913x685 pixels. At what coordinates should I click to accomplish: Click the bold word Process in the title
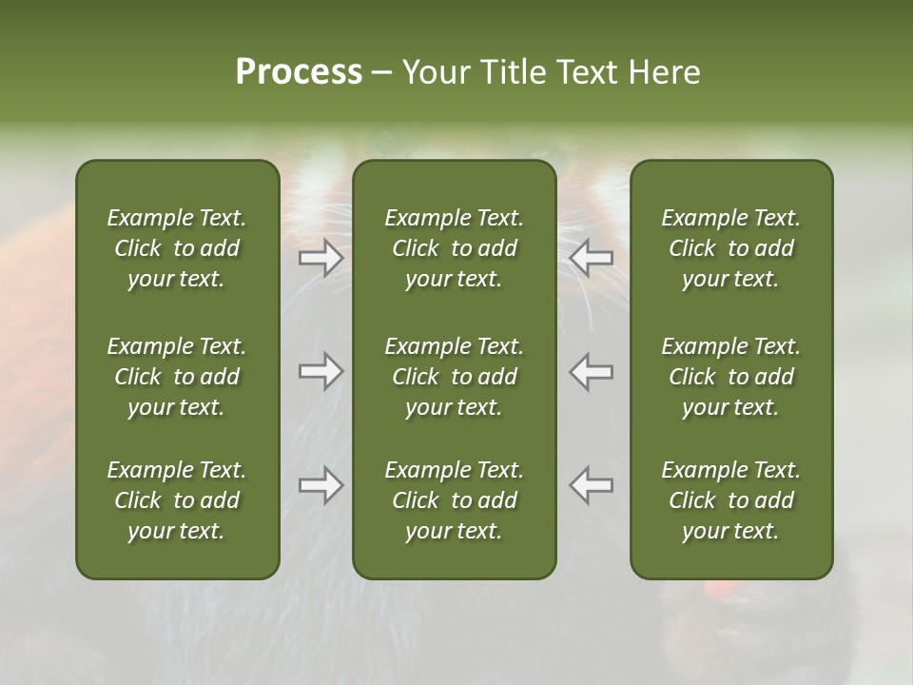pos(299,72)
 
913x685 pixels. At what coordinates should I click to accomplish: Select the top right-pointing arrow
pos(321,258)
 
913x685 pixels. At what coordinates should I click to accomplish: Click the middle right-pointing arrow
pos(321,371)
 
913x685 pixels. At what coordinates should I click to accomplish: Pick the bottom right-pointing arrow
pos(321,485)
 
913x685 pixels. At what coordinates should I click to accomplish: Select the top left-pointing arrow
pos(592,258)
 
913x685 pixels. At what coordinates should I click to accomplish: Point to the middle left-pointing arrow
pos(592,371)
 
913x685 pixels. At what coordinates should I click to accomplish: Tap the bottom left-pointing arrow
pos(592,485)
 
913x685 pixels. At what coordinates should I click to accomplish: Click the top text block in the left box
pos(177,248)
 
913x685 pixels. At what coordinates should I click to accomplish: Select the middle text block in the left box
pos(177,377)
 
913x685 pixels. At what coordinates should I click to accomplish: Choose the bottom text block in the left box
pos(177,500)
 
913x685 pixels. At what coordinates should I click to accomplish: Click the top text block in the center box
pos(454,248)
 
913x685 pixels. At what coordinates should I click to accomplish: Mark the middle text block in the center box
pos(454,377)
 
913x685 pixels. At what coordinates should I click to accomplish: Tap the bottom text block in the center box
pos(454,500)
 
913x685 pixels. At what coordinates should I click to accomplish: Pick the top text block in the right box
pos(731,248)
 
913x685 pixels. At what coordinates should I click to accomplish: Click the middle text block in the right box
pos(731,377)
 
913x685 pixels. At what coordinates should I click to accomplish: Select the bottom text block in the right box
pos(731,500)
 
